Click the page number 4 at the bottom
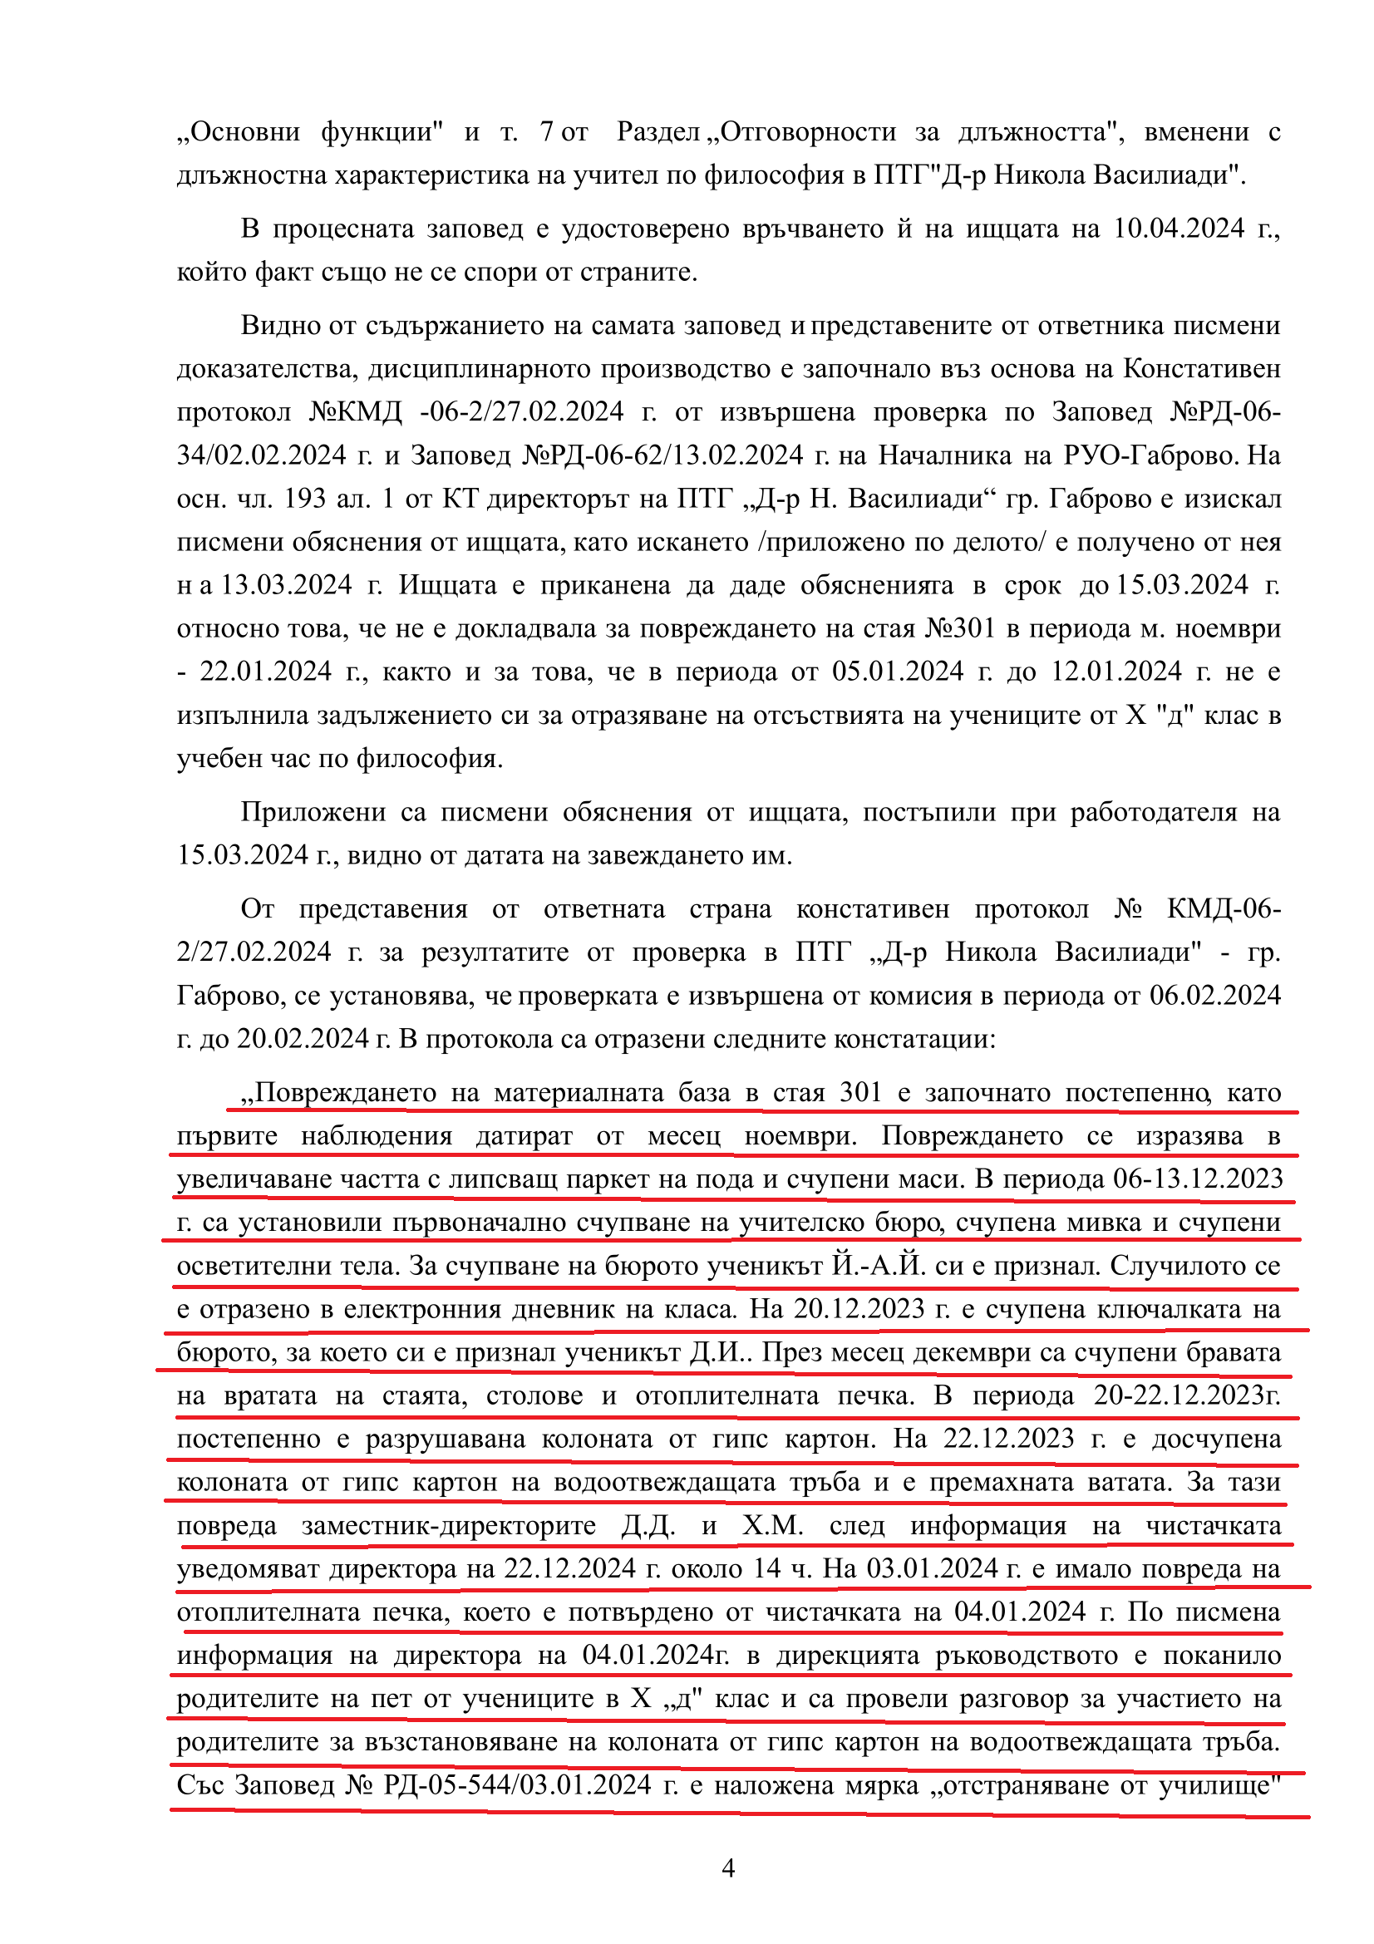[x=728, y=1867]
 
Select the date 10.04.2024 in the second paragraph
[x=1179, y=229]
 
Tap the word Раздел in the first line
[x=657, y=132]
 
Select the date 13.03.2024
[x=286, y=585]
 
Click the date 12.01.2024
[x=1115, y=672]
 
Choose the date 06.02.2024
[x=1215, y=996]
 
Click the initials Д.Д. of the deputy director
[x=648, y=1526]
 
